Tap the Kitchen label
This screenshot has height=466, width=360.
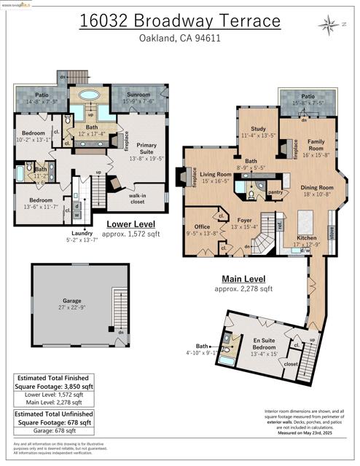(x=306, y=238)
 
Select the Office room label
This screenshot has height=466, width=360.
(x=197, y=227)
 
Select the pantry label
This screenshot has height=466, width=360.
(x=275, y=192)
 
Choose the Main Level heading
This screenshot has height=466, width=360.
(x=243, y=279)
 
